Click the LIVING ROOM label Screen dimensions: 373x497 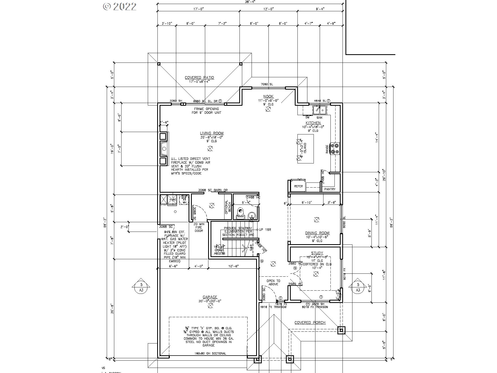212,133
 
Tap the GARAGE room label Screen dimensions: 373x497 210,297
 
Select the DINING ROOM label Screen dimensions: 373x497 317,233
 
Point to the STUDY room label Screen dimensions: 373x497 317,253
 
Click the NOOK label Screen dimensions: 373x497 268,96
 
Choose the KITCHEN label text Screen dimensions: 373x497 313,123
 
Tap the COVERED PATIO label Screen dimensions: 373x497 199,78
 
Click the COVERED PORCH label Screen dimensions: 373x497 310,323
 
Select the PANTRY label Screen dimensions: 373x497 330,189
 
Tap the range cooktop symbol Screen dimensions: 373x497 335,149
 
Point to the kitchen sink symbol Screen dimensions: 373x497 319,110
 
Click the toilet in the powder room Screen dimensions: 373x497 240,213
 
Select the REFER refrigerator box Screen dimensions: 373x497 298,186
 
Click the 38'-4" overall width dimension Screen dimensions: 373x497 250,1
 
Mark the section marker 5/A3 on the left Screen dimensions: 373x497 141,287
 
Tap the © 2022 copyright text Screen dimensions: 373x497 120,6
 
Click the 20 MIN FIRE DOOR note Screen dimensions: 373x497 199,227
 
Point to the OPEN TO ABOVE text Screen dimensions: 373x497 273,282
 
